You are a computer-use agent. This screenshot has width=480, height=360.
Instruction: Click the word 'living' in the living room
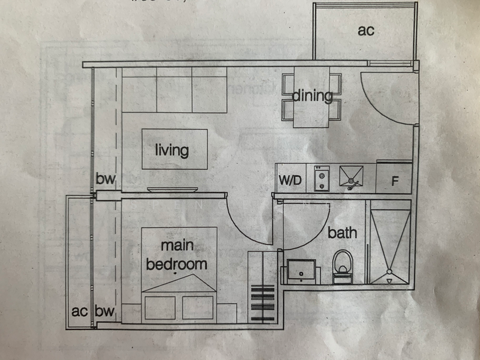[172, 150]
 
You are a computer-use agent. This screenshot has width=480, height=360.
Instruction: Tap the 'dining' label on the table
[312, 95]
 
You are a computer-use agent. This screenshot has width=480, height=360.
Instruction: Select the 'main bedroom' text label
[176, 255]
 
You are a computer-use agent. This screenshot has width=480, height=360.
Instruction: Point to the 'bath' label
[342, 233]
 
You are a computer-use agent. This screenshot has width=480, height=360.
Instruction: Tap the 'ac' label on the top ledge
[366, 30]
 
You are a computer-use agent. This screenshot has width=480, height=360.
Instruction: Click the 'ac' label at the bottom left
[80, 311]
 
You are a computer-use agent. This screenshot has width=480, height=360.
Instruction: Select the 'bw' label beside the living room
[105, 179]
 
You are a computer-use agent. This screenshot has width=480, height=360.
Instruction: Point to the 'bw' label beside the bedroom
[104, 311]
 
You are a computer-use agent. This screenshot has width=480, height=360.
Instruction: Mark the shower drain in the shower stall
[390, 279]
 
